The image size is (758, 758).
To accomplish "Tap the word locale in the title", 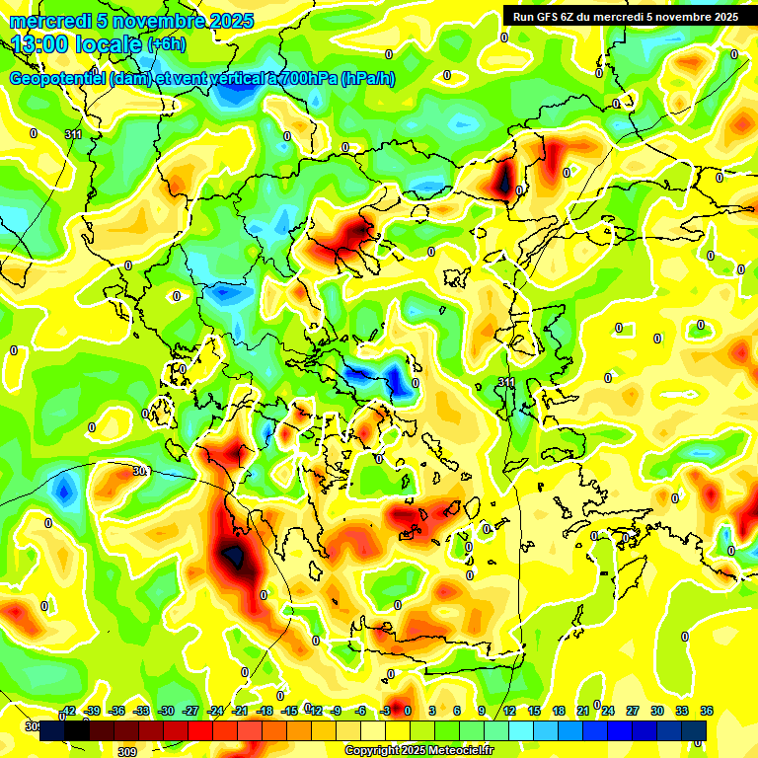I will click(x=111, y=43).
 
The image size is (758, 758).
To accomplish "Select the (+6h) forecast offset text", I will click(x=171, y=44).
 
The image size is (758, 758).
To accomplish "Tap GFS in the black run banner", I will click(x=549, y=16).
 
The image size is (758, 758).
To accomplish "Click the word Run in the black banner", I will click(x=523, y=16).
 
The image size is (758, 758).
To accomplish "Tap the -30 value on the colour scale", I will click(x=166, y=711).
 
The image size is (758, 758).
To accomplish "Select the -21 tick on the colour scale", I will click(x=240, y=711).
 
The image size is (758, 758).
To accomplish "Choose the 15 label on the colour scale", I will click(x=533, y=711).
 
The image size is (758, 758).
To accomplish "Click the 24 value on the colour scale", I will click(x=607, y=711).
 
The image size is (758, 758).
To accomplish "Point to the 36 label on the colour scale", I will click(x=707, y=711).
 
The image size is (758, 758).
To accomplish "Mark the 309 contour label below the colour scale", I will click(x=126, y=751).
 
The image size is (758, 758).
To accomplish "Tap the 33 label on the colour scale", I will click(x=681, y=711).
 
